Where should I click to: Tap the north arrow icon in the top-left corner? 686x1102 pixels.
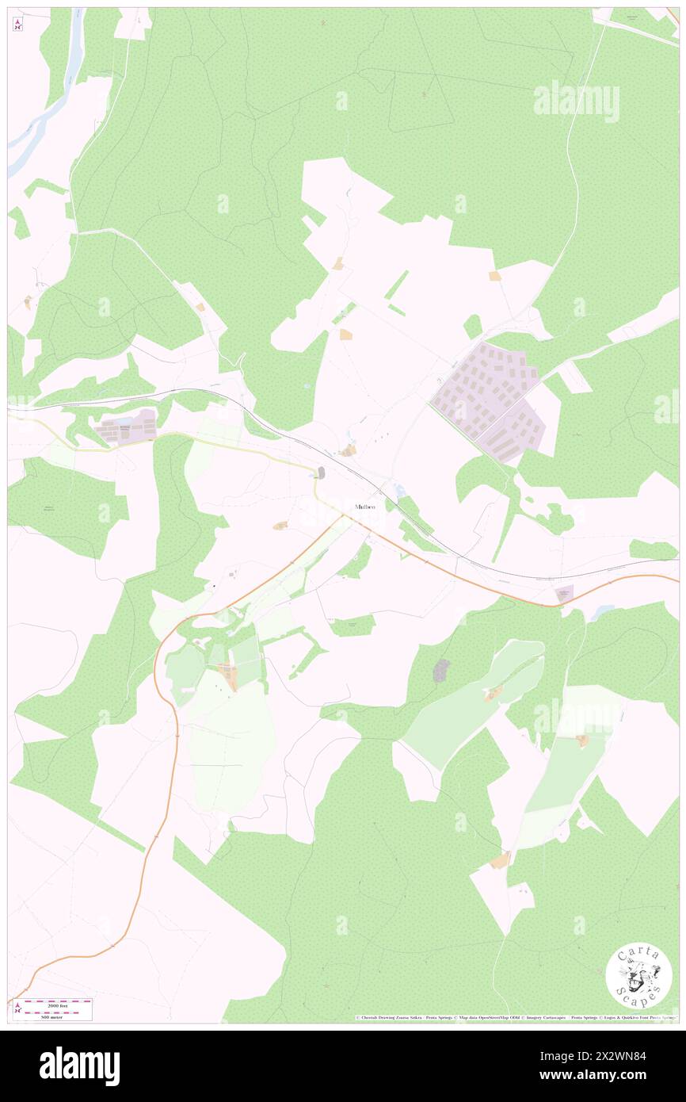coord(18,24)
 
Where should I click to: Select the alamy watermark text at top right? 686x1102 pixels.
coord(576,101)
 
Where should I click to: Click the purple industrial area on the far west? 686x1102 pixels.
coord(125,427)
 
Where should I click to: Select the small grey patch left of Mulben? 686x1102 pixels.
coord(320,473)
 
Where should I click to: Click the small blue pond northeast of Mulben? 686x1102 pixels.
coord(399,491)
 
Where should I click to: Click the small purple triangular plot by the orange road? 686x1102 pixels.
coord(565,593)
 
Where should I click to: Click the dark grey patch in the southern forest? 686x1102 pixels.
coord(441,670)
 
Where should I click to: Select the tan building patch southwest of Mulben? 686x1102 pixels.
coord(280,526)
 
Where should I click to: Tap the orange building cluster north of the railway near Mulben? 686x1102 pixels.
coord(347,450)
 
